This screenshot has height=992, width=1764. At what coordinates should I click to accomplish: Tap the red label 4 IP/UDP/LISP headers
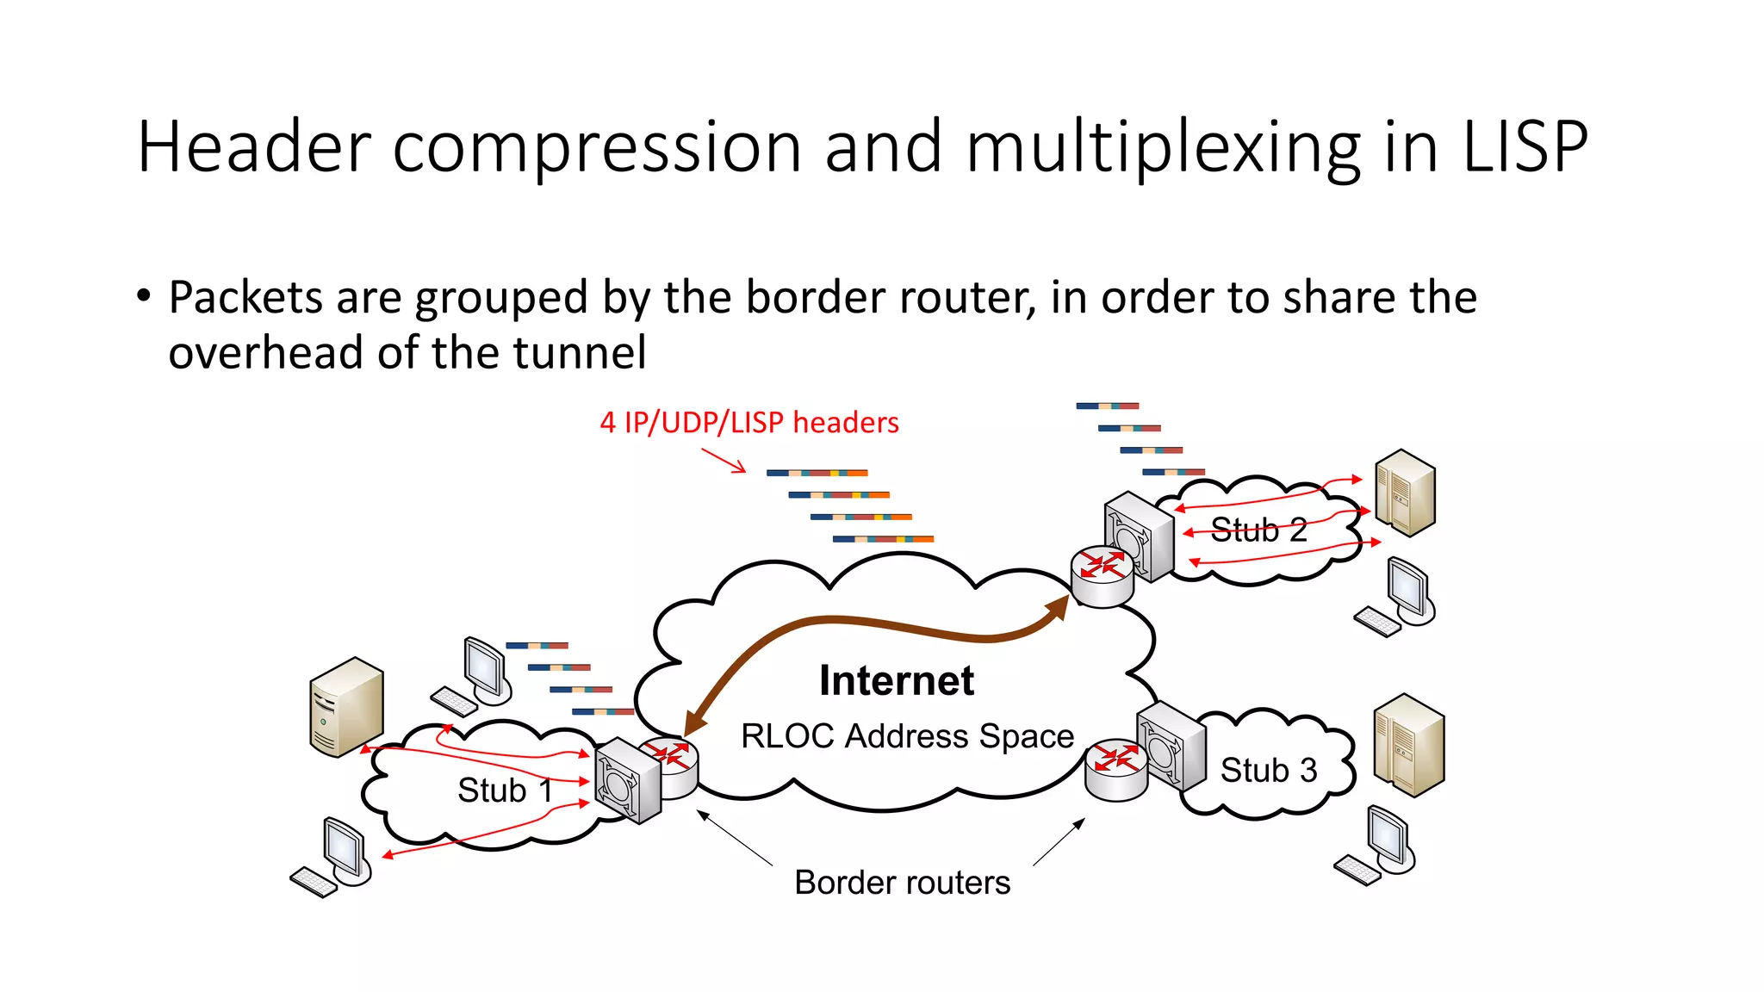749,423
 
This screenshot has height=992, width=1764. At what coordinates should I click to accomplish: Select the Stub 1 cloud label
504,790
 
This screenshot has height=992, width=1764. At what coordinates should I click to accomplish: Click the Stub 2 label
1258,530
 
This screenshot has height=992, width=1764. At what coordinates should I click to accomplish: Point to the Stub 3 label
1268,770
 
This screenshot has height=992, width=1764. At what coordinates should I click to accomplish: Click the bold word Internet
896,680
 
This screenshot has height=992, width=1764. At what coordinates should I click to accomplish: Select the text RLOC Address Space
907,736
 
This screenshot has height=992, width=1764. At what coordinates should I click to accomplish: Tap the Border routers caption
902,883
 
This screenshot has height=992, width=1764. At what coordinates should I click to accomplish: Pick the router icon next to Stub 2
1102,575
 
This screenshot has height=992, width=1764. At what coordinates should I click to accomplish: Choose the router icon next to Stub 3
1116,769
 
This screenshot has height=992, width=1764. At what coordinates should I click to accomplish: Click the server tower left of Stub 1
346,706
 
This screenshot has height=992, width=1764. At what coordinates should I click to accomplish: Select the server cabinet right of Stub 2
1405,493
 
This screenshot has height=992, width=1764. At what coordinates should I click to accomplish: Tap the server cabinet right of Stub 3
1408,745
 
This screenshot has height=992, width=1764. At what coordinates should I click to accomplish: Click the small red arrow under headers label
724,461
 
